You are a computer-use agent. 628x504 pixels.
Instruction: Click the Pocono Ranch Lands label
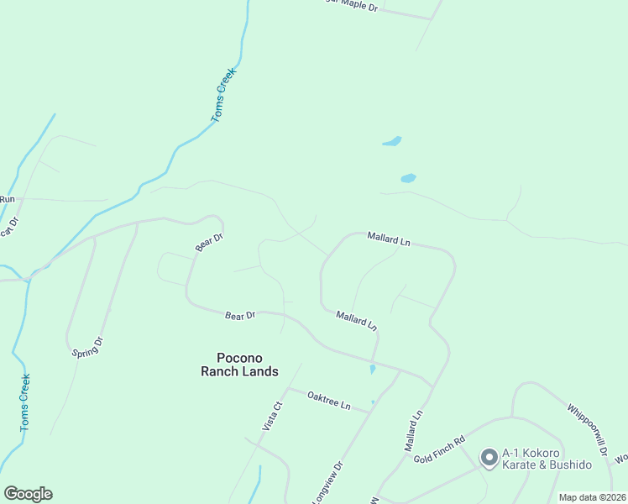coord(239,364)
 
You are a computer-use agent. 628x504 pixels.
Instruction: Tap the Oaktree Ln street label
coord(328,400)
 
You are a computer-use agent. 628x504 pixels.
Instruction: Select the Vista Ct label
coord(273,416)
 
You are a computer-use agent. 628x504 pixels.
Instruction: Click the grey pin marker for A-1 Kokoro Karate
coord(489,458)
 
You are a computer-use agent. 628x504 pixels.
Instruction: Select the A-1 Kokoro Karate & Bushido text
coord(547,459)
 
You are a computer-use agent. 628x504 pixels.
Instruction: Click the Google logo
coord(28,494)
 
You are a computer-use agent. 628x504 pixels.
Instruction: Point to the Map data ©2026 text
coord(591,497)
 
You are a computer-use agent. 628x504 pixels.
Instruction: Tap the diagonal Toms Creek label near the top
coord(224,95)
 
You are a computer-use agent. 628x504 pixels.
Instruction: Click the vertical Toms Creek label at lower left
coord(25,402)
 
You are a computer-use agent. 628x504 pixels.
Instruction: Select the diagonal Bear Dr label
coord(209,243)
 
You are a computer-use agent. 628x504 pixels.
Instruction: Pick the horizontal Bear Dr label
coord(240,316)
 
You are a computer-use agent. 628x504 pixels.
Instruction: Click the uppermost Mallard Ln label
coord(388,239)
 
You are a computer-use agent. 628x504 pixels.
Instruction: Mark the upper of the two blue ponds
coord(392,141)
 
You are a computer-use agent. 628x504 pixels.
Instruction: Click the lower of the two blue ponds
coord(408,178)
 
